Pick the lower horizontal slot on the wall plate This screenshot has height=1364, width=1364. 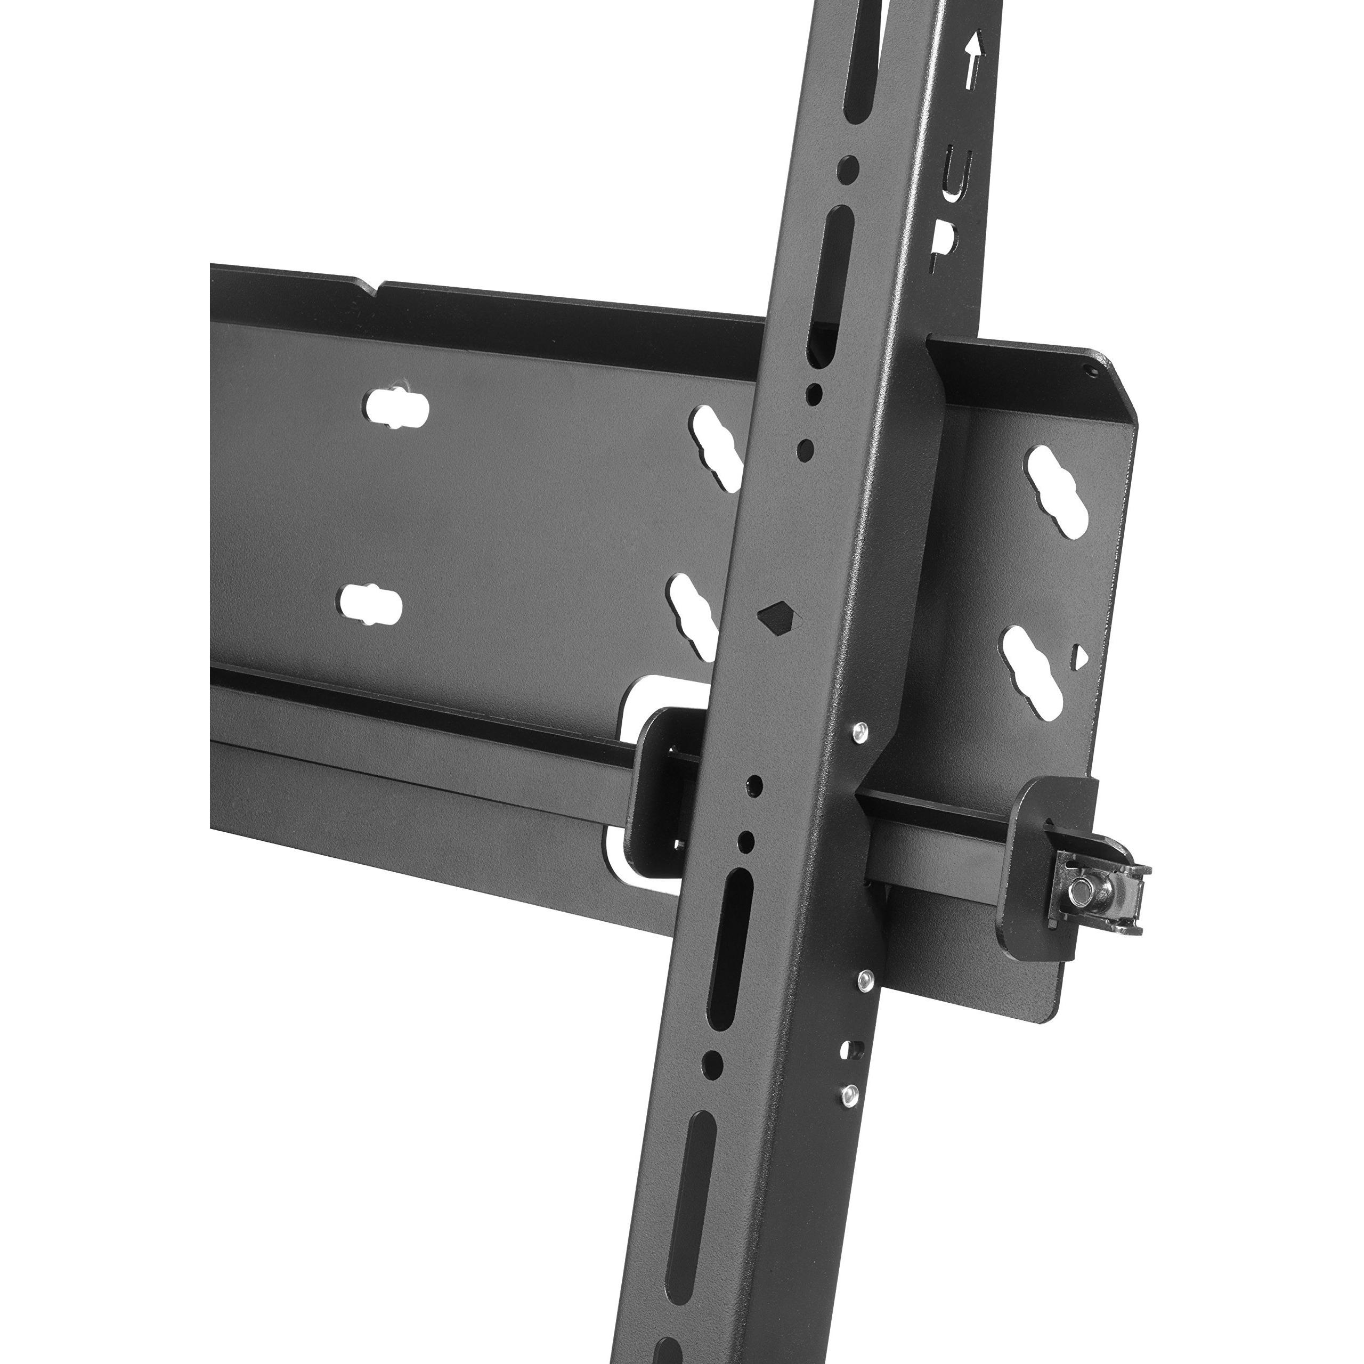tap(370, 605)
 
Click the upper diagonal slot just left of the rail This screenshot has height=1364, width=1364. tap(717, 445)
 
